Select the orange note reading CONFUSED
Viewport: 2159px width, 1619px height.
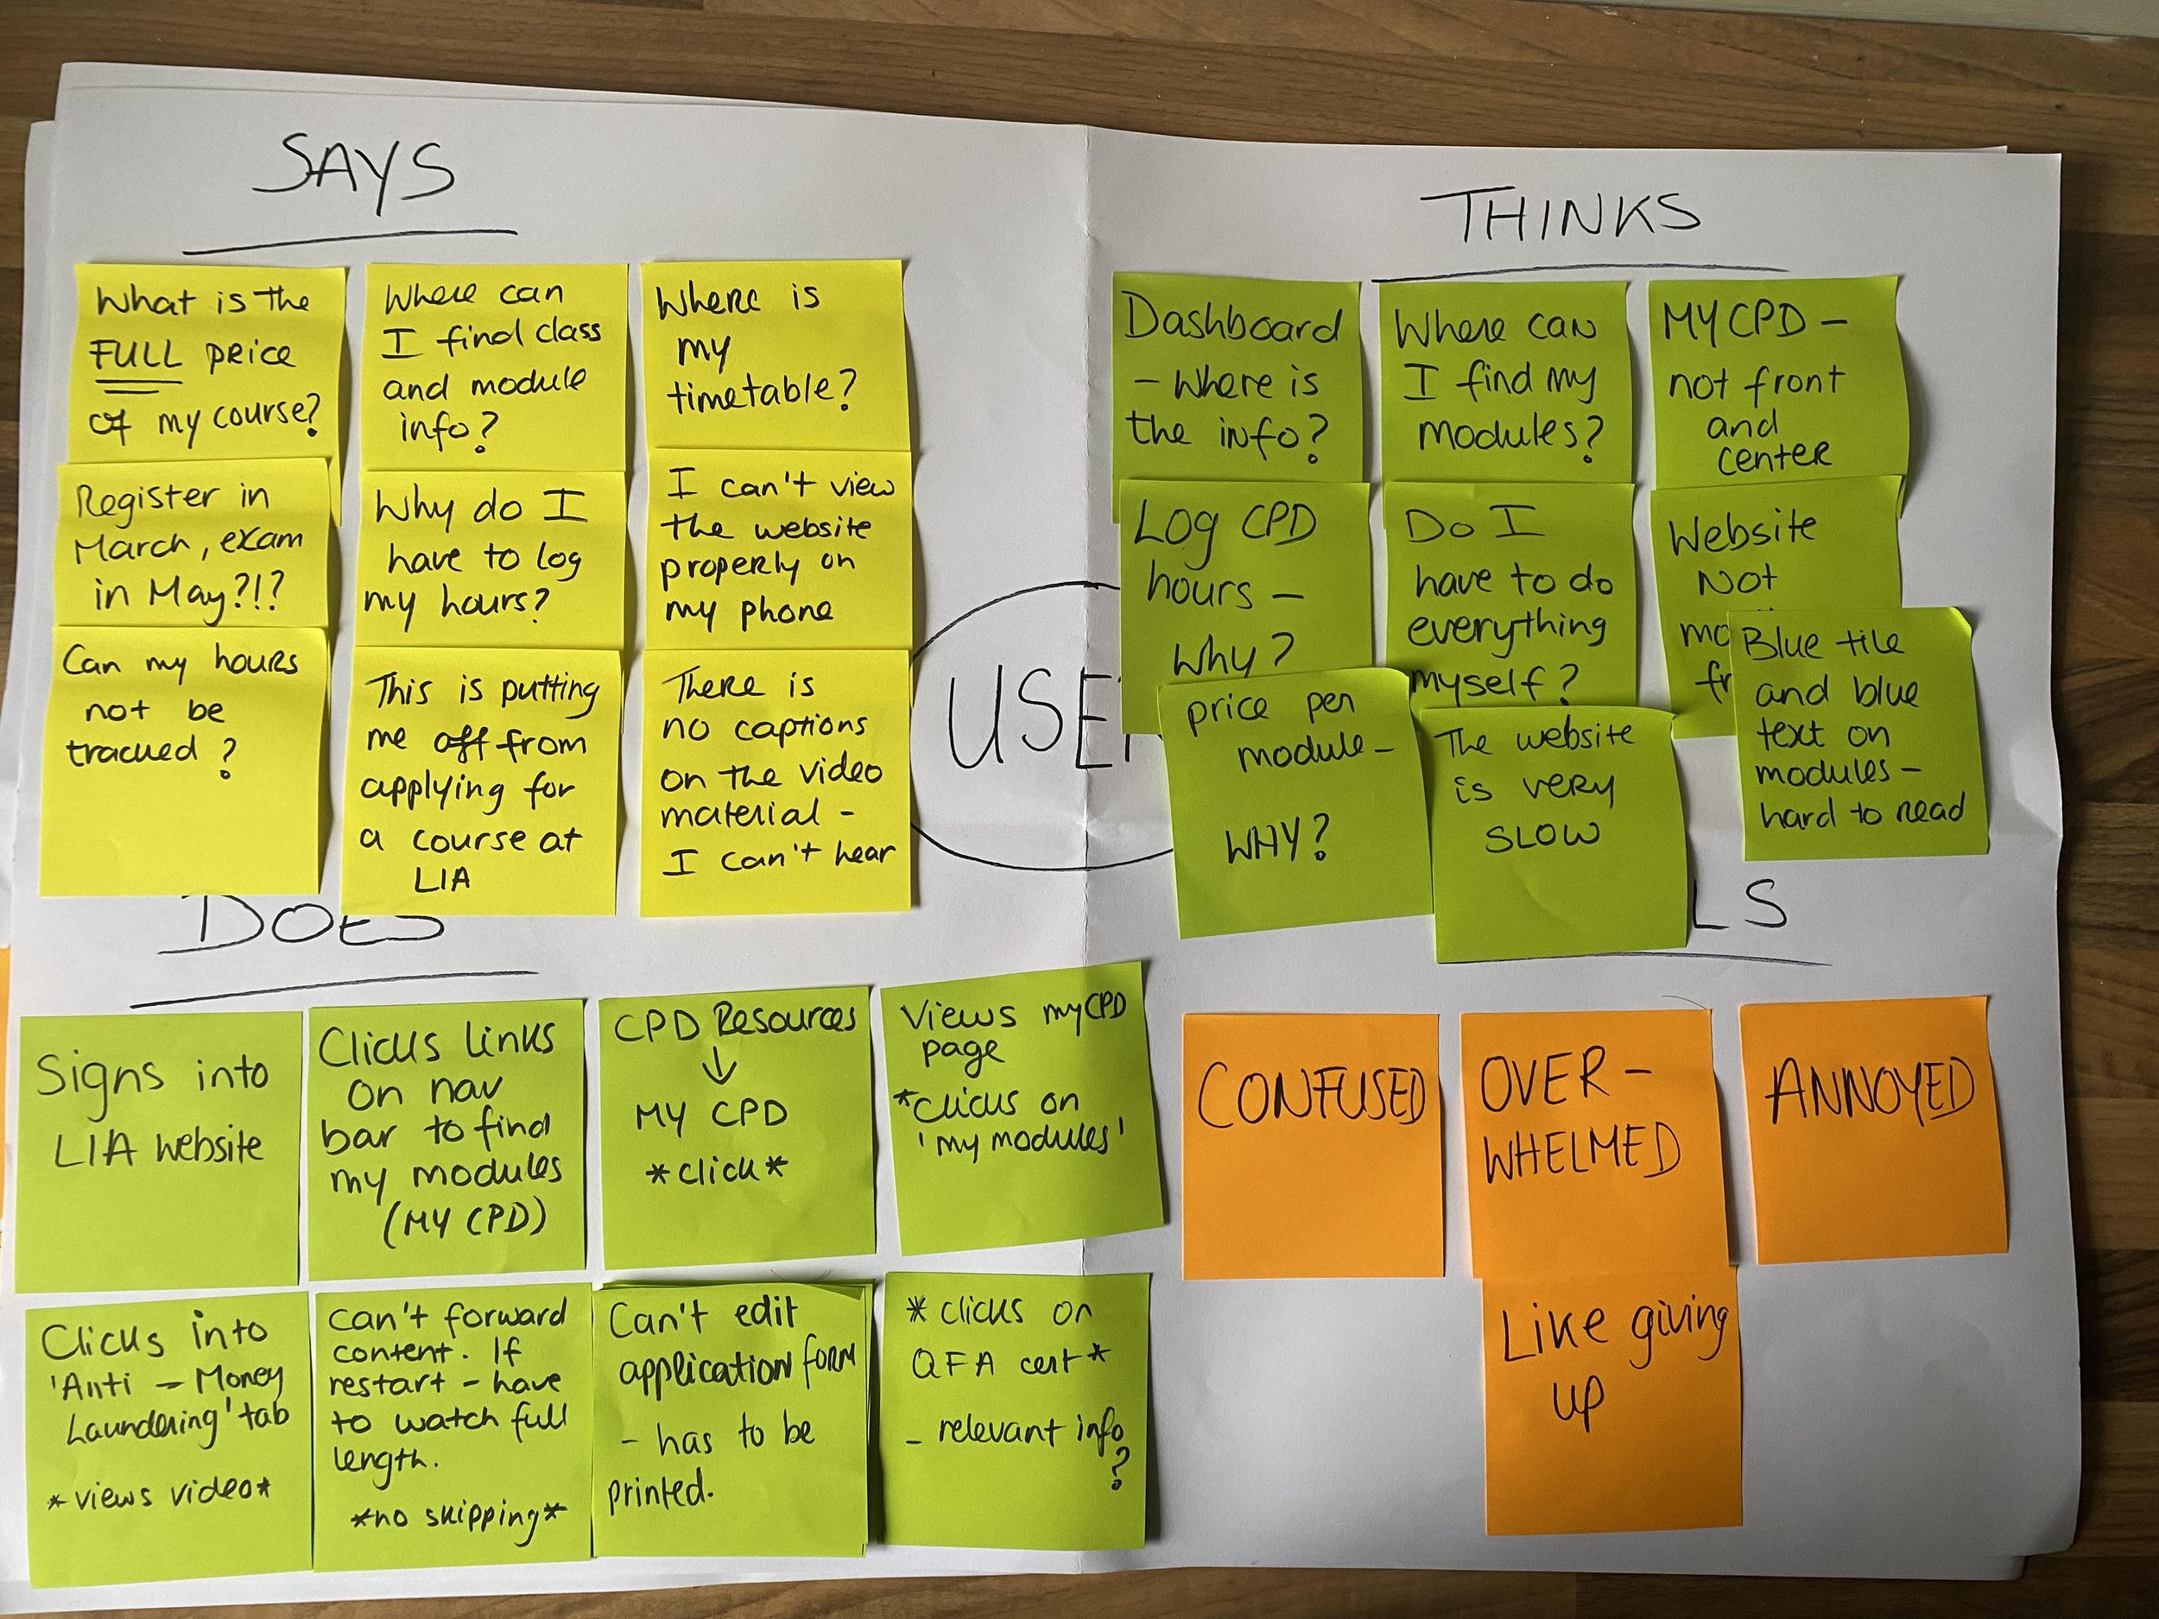coord(1311,1142)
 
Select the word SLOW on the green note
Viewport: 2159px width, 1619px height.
coord(1542,834)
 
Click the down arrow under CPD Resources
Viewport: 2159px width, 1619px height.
coord(720,1066)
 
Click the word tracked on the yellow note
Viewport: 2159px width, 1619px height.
coord(132,751)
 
